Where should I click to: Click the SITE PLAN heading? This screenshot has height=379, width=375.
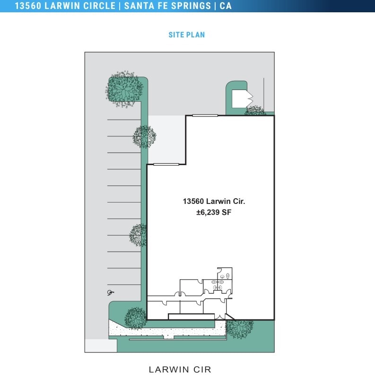tap(186, 35)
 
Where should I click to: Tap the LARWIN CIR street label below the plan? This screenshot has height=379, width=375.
tap(180, 370)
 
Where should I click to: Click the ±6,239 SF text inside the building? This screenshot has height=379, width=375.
tap(214, 213)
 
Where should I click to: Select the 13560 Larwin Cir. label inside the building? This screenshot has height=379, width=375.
tap(214, 201)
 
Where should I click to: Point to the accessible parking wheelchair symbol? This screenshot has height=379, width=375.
tap(111, 292)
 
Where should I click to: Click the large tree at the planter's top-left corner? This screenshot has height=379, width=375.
tap(124, 88)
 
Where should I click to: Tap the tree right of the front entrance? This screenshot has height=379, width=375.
tap(239, 328)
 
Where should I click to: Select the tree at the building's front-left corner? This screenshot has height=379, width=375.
tap(136, 317)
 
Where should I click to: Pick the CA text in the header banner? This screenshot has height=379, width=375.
tap(226, 6)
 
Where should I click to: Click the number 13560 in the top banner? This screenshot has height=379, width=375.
tap(30, 6)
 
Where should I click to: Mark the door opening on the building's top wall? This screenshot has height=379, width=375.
tap(205, 115)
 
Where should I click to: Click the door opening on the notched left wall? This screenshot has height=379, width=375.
tap(166, 164)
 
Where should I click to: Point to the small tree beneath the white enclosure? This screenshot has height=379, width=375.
tap(255, 112)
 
